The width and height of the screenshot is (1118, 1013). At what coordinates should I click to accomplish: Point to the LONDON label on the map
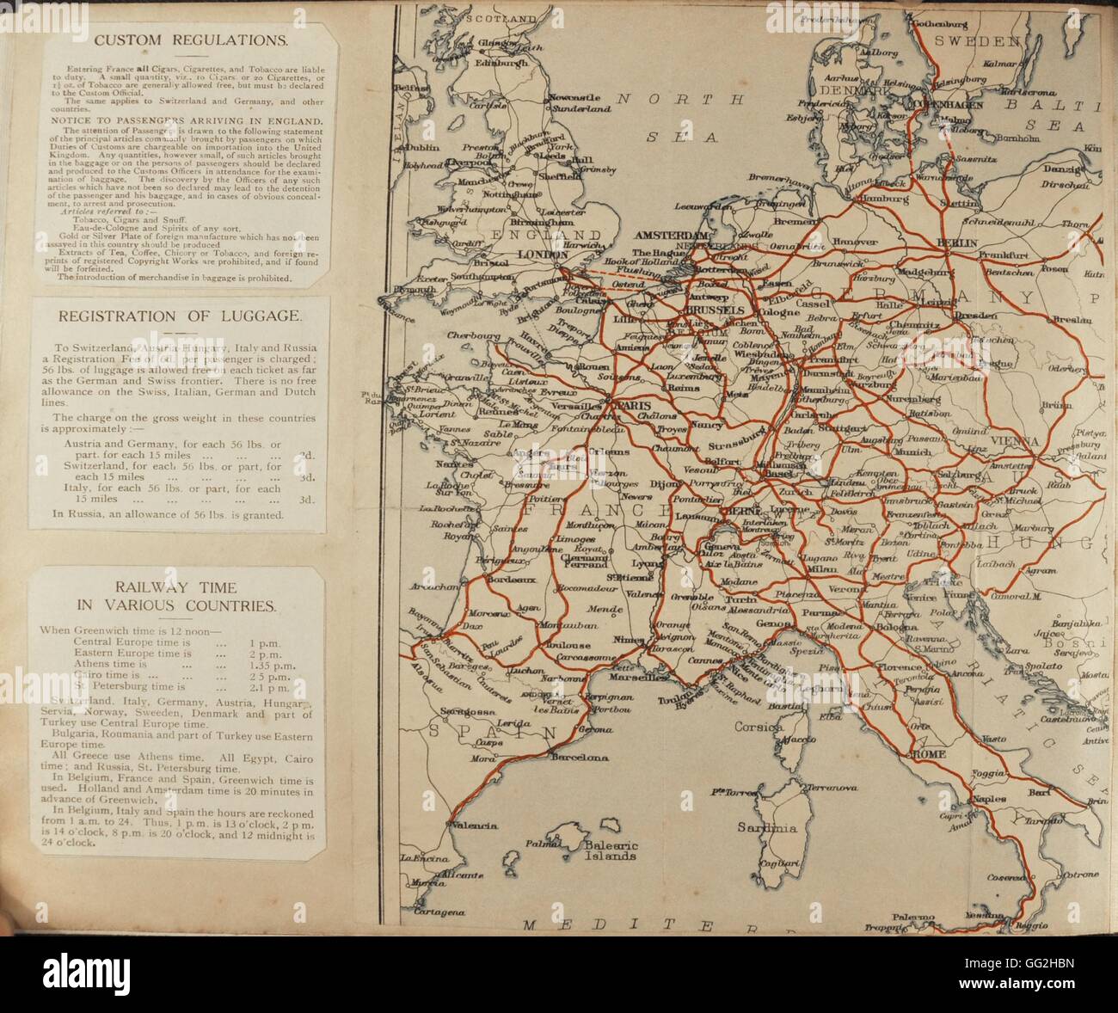544,255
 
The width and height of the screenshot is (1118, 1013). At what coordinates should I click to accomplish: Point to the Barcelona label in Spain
579,758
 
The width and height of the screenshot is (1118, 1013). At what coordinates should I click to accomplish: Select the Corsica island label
759,727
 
